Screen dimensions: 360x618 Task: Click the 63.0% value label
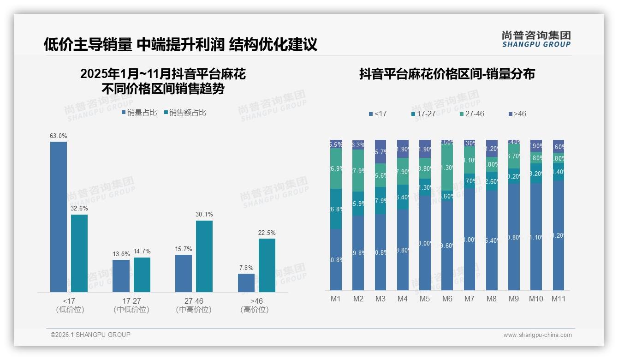59,136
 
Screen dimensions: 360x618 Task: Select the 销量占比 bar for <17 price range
59,217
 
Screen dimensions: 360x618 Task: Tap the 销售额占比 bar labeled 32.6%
79,253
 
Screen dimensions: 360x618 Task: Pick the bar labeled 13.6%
121,276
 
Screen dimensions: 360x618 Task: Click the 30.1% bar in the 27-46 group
204,256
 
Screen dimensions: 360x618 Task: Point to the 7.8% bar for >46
246,282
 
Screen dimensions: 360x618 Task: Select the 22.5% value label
267,233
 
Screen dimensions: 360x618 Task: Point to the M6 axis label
447,299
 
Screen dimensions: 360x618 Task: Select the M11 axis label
559,299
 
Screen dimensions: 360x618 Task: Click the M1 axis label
336,299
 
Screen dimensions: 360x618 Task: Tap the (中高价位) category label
194,310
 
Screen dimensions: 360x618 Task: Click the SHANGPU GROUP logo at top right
536,39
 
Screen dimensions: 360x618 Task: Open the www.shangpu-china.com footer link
537,335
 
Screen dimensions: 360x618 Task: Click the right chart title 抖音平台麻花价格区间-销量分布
447,74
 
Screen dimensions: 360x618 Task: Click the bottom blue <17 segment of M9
514,237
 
